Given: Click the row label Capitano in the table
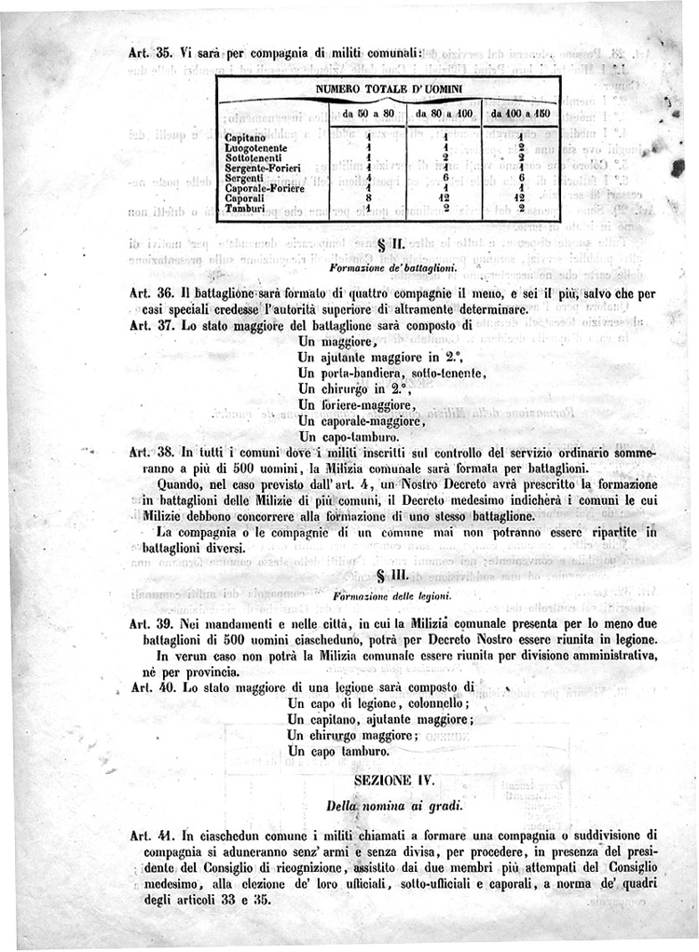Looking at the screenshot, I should coord(245,138).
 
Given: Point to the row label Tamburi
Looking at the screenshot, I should coord(245,209).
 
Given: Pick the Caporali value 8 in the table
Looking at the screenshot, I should coord(369,198).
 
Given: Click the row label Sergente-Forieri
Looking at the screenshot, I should coord(263,167).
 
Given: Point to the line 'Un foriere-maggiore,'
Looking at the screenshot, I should coord(356,405).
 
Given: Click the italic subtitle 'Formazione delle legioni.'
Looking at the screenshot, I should coord(391,595).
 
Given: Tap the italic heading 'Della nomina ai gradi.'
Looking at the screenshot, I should coord(391,804).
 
